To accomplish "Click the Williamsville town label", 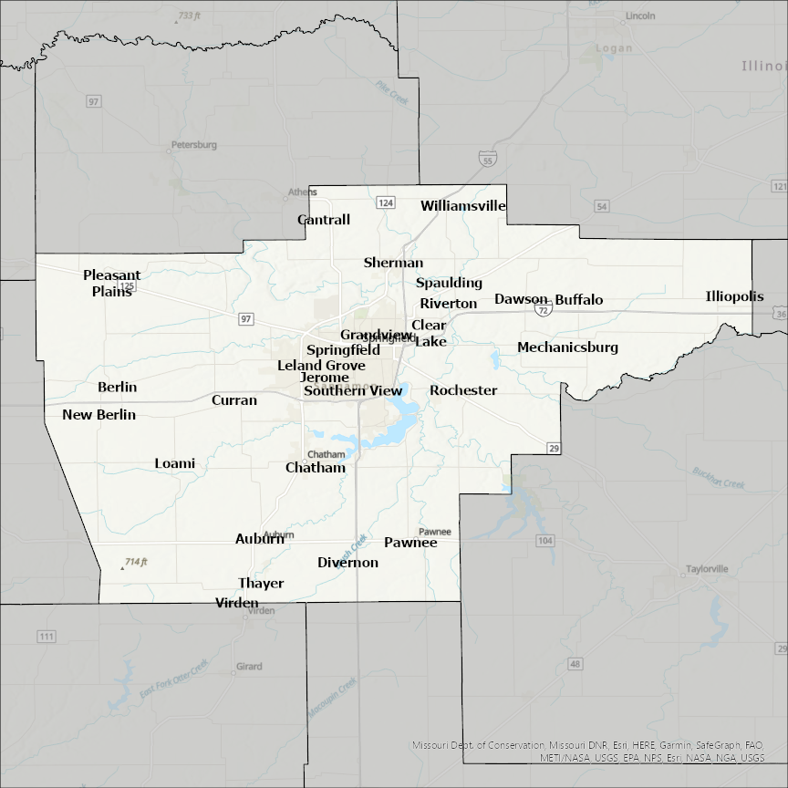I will pos(462,206).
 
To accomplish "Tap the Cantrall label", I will pos(324,220).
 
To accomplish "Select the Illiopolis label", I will pos(734,296).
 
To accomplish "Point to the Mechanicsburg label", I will pos(567,347).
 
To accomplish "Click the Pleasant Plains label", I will pos(112,283).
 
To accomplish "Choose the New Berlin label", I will pos(98,415).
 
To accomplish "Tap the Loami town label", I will pos(174,463).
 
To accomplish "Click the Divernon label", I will pos(347,563).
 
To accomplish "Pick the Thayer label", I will pos(261,584).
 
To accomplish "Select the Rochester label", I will pos(463,390).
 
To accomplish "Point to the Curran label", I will pos(234,400).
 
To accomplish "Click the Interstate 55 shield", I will pos(489,161).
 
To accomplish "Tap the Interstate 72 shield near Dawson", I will pos(544,310).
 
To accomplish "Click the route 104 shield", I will pos(545,542).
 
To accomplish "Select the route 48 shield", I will pos(575,663).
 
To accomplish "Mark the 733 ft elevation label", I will pos(189,16).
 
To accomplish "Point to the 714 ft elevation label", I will pos(136,562).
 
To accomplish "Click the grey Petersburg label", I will pos(193,145).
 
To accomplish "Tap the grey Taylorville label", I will pos(707,569).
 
